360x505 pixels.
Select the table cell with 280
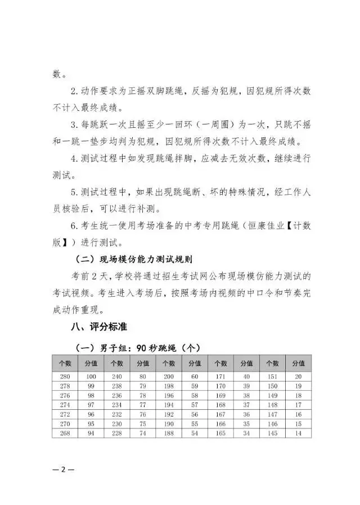tap(64, 376)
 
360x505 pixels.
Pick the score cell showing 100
tap(90, 376)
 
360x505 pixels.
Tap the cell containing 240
tap(116, 376)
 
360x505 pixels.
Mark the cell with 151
tap(272, 376)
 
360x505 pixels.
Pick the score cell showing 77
tap(142, 404)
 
